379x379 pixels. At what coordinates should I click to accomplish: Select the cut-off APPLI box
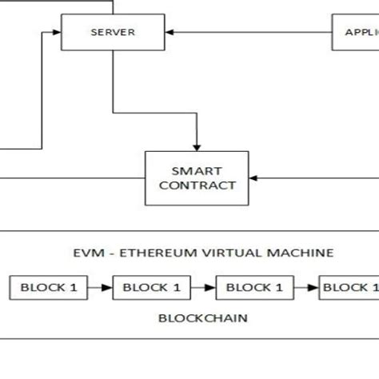coord(356,33)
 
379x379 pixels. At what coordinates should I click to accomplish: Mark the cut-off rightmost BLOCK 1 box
coord(349,286)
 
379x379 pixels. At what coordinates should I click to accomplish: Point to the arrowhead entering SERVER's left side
coord(58,33)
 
